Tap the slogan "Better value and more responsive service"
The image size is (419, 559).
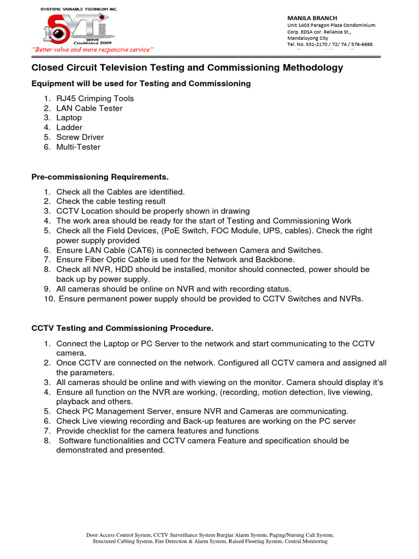93,50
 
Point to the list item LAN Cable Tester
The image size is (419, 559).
89,108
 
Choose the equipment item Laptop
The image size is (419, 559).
69,117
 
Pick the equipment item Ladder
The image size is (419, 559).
69,127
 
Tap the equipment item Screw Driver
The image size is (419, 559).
80,137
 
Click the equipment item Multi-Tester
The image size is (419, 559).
78,147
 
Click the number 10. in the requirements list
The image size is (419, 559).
50,299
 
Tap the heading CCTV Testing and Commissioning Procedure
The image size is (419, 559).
122,328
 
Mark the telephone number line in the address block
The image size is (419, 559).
330,44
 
